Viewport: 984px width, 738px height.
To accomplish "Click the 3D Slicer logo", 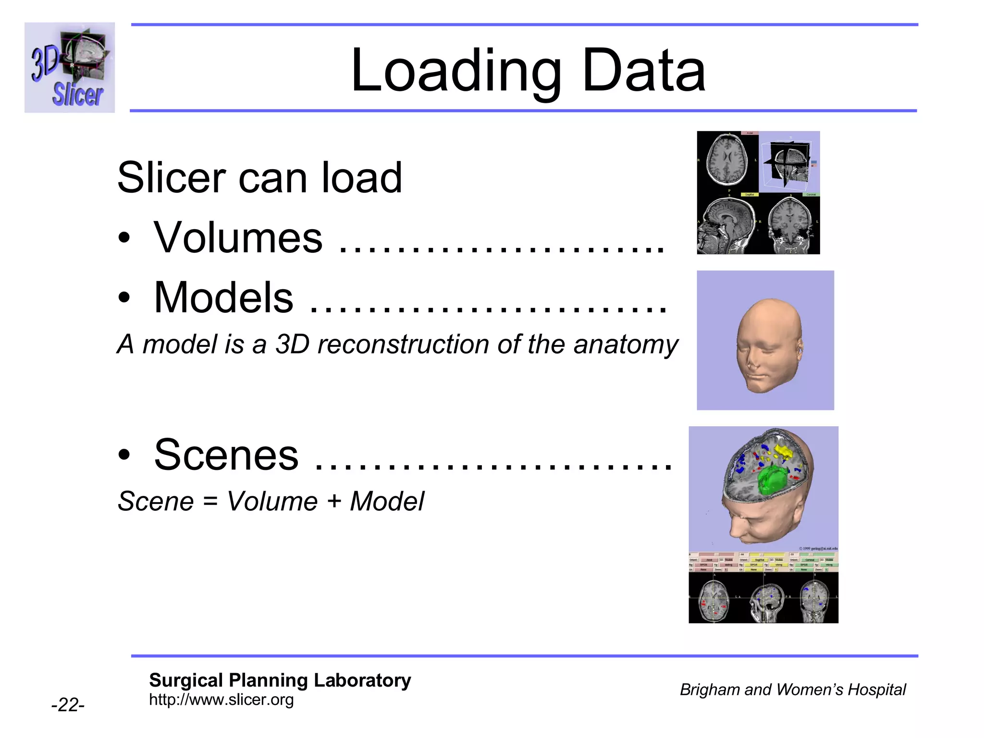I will [70, 67].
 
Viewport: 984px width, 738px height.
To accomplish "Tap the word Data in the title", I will [643, 71].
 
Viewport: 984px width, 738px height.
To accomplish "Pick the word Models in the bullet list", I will [223, 297].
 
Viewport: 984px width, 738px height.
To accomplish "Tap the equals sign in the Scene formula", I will [210, 501].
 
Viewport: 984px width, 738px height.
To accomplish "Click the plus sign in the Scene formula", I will [333, 501].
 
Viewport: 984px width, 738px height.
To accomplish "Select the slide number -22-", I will [68, 705].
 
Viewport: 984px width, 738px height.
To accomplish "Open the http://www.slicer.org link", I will [221, 700].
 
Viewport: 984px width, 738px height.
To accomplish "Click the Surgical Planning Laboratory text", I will [280, 680].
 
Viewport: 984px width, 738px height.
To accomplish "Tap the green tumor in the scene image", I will [773, 481].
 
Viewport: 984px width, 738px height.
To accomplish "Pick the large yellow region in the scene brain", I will [783, 452].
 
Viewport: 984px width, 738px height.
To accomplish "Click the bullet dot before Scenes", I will [124, 455].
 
